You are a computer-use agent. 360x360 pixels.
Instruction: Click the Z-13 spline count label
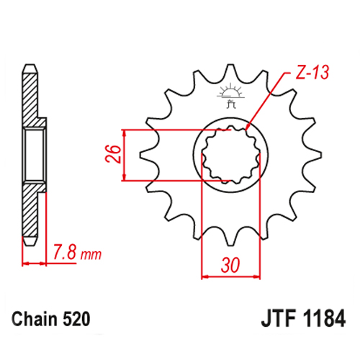tap(312, 72)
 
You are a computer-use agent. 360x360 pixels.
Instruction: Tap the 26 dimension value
tap(114, 154)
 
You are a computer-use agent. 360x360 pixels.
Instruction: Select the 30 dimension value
tap(230, 265)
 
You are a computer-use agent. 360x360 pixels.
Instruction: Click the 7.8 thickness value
tap(65, 252)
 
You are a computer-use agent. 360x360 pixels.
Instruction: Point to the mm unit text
tap(91, 255)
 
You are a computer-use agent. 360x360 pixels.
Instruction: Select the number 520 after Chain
tap(76, 319)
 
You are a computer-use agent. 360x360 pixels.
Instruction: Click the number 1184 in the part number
tap(324, 319)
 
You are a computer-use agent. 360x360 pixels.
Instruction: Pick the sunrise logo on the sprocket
tap(230, 95)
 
